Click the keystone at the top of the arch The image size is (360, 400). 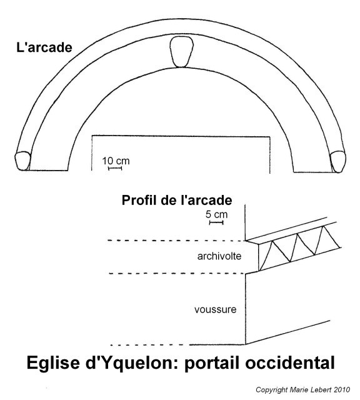[181, 52]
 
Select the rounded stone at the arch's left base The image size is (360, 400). [22, 161]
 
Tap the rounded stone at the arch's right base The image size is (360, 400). [338, 162]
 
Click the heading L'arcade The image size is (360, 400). [44, 47]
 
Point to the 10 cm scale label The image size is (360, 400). [116, 161]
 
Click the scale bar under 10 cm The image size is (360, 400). [115, 168]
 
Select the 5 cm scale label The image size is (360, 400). [216, 214]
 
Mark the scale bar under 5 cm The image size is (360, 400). [216, 222]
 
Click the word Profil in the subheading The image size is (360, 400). [139, 200]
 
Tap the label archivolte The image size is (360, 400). [219, 256]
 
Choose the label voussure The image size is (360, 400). [216, 310]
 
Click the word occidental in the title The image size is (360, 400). [290, 362]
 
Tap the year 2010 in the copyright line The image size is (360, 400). [342, 390]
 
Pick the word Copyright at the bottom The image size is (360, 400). [272, 390]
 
